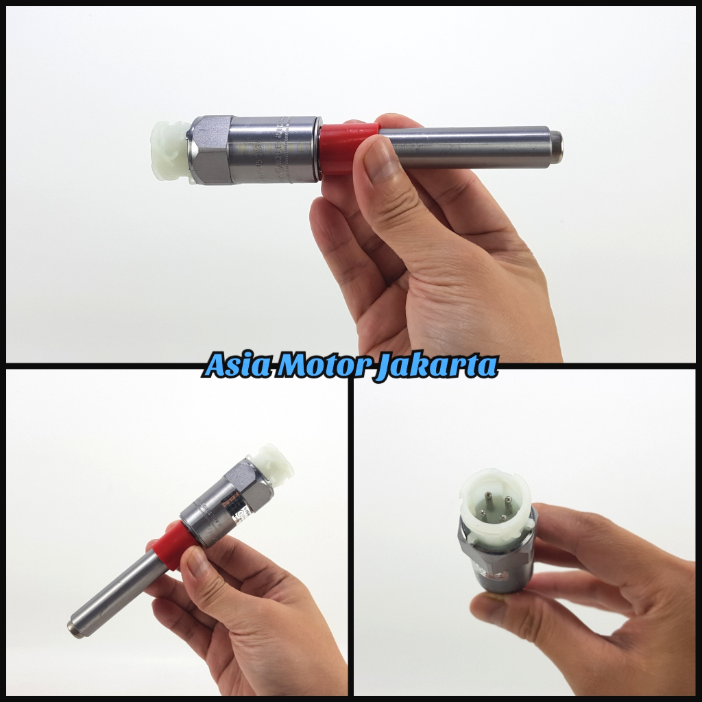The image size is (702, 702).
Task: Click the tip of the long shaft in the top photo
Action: point(557,147)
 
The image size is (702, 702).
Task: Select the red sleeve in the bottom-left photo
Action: point(170,544)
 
